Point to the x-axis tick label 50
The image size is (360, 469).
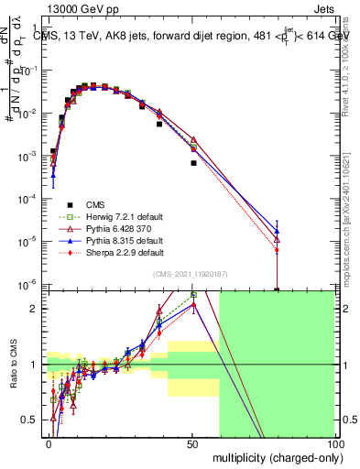(193, 443)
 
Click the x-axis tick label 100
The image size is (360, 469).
(335, 443)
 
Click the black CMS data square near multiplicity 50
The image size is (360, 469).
(193, 163)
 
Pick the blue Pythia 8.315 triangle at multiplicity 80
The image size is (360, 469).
(277, 231)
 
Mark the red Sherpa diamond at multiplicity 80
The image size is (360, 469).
(277, 250)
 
